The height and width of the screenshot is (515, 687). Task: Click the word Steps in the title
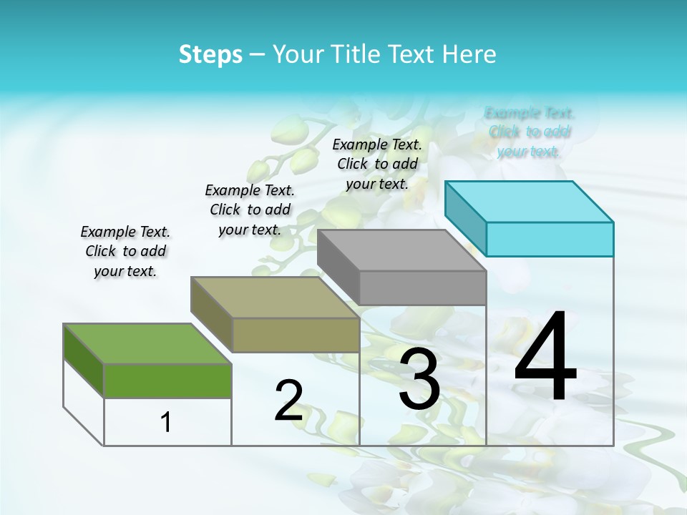pyautogui.click(x=210, y=54)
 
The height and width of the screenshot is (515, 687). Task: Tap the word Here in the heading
pyautogui.click(x=469, y=54)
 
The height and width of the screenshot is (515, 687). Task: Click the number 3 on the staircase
pyautogui.click(x=419, y=379)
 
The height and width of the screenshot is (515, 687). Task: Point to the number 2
pyautogui.click(x=288, y=401)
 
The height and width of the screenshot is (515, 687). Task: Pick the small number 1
pyautogui.click(x=166, y=422)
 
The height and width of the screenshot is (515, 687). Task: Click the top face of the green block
pyautogui.click(x=147, y=343)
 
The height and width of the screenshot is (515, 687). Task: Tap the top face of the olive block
pyautogui.click(x=275, y=297)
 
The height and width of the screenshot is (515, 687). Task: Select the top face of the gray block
pyautogui.click(x=401, y=250)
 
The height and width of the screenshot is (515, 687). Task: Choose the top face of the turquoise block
pyautogui.click(x=529, y=201)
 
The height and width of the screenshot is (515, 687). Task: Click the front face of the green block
pyautogui.click(x=167, y=381)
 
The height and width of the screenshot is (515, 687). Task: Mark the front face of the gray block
pyautogui.click(x=422, y=288)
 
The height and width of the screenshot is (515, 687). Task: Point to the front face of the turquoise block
pyautogui.click(x=550, y=239)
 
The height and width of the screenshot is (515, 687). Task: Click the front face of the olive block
pyautogui.click(x=296, y=335)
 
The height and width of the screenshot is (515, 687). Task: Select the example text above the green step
pyautogui.click(x=125, y=251)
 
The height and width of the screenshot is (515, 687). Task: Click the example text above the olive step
pyautogui.click(x=250, y=210)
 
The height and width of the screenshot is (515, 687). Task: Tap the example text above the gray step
pyautogui.click(x=377, y=164)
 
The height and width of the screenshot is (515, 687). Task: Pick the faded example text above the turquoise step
pyautogui.click(x=530, y=132)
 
